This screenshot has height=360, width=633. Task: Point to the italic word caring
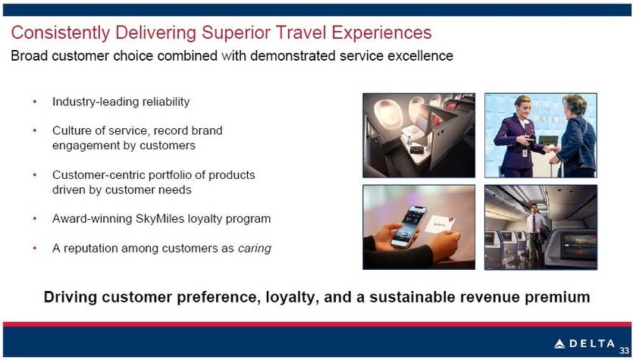click(x=254, y=248)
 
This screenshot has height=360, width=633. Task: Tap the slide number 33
click(x=624, y=350)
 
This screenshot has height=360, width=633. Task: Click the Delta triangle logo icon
click(x=559, y=344)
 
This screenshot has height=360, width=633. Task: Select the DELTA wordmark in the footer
click(x=592, y=344)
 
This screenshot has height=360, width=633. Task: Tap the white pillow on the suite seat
click(x=412, y=133)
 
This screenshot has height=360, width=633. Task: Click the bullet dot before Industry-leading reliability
click(x=35, y=102)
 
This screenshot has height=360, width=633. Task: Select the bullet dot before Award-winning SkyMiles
click(x=35, y=219)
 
